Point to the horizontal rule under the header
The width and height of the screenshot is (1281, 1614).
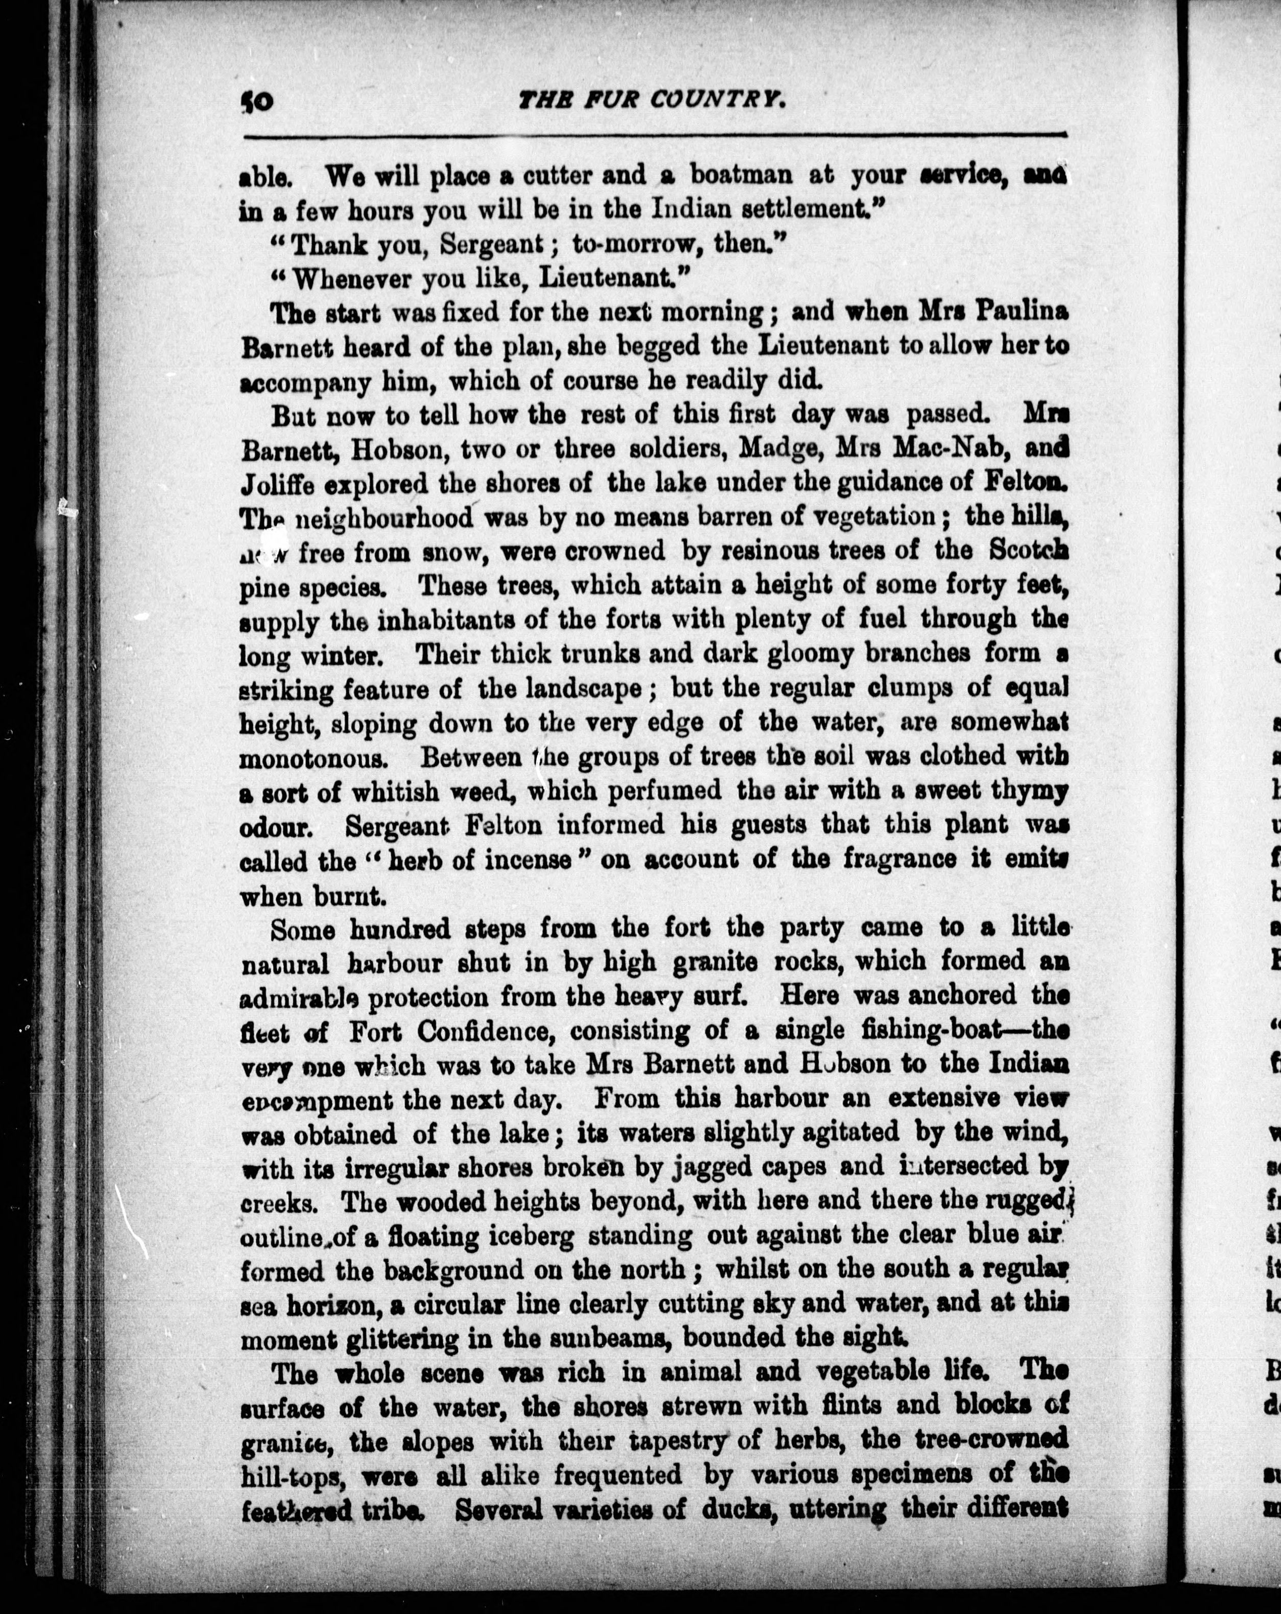point(655,135)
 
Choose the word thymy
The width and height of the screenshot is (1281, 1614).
point(1028,792)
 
